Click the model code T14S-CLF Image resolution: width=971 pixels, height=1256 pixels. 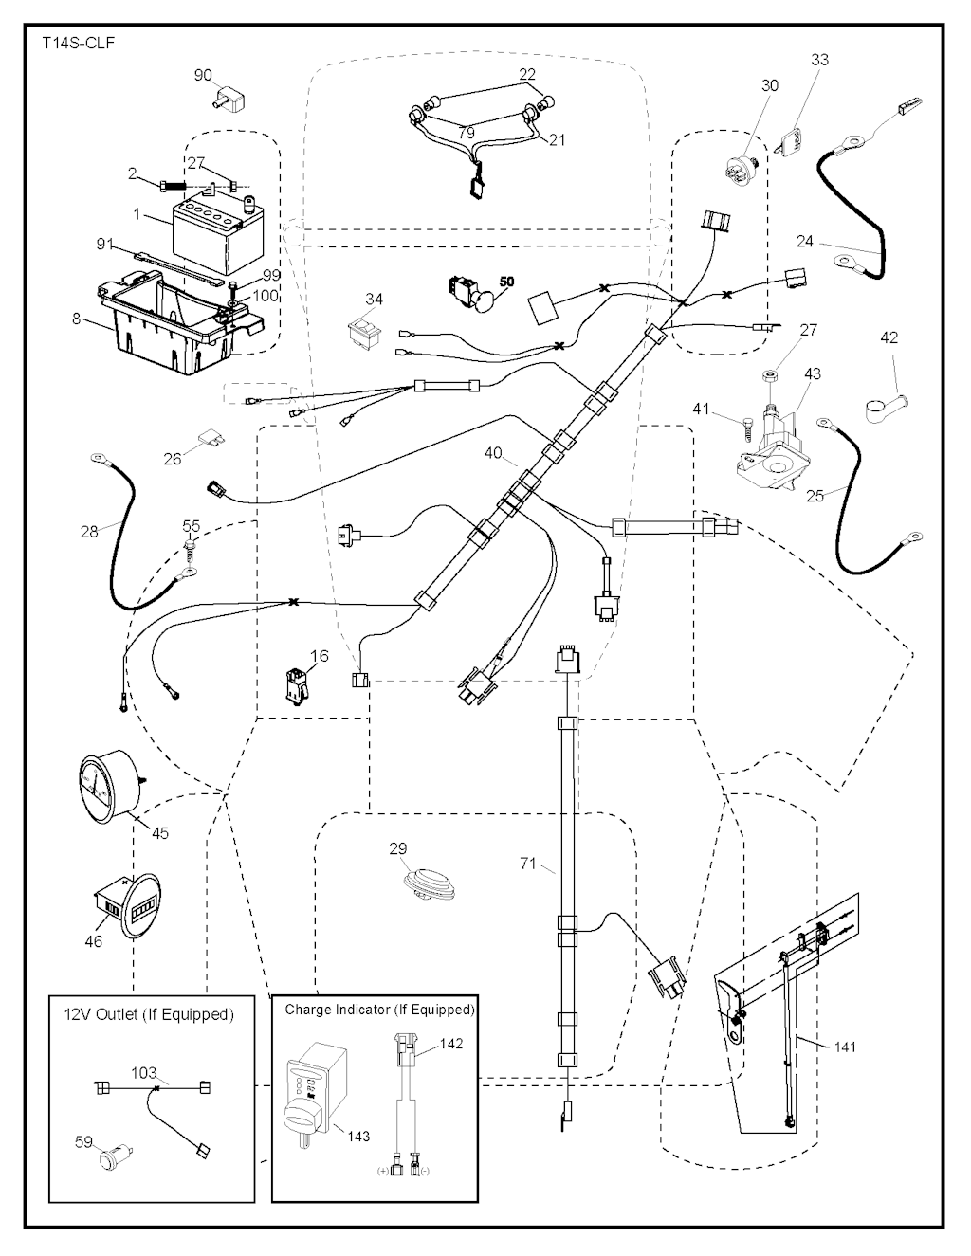[79, 44]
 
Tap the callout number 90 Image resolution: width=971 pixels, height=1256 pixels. [203, 75]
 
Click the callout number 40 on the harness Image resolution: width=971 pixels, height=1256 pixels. [493, 453]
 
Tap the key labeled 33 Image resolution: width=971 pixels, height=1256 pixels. [792, 142]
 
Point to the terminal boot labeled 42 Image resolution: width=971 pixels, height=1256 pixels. [884, 407]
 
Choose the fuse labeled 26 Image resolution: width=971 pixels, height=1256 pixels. [211, 440]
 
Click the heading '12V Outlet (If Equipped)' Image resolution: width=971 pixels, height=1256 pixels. [149, 1014]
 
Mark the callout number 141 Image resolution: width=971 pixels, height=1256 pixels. [845, 1047]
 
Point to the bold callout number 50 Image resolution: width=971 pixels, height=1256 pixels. [506, 282]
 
